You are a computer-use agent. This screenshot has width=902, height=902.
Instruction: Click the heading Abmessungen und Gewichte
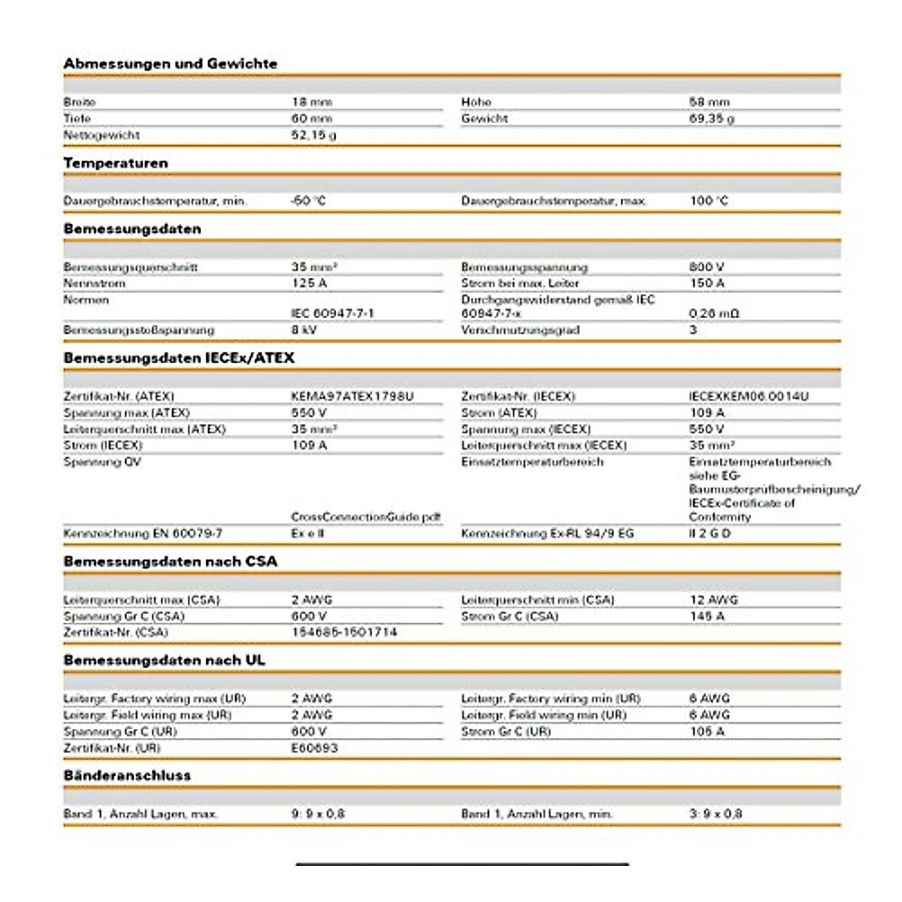[171, 64]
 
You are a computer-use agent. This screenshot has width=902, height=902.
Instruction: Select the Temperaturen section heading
[116, 163]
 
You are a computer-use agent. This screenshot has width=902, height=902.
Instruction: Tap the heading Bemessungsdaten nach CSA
[171, 561]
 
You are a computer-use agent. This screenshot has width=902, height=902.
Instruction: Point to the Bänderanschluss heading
[127, 775]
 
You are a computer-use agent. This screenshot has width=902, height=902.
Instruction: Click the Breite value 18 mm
[312, 102]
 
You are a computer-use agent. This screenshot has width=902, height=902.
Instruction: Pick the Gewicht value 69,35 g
[712, 119]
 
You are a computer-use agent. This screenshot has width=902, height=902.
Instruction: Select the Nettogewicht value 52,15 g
[314, 135]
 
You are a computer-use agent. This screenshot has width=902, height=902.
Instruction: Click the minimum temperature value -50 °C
[308, 201]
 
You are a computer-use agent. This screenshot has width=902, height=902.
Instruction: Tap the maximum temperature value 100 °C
[709, 201]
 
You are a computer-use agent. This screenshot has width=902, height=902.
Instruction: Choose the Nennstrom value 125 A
[310, 283]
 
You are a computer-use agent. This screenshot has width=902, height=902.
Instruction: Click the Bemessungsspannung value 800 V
[707, 267]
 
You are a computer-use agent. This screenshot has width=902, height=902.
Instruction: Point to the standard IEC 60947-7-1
[332, 313]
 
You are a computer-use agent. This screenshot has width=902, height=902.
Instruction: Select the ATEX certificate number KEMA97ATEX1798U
[353, 396]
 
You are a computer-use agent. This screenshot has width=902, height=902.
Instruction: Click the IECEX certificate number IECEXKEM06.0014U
[749, 396]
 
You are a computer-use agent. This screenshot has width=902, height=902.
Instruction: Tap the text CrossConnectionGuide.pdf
[366, 517]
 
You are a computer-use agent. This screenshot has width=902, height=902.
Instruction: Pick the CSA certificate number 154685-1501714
[344, 632]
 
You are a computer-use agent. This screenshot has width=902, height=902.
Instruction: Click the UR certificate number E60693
[315, 748]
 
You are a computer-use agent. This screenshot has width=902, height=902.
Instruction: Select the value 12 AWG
[714, 600]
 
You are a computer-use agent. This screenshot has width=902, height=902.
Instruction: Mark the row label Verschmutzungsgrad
[520, 330]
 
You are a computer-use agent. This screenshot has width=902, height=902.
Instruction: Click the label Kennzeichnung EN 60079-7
[143, 534]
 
